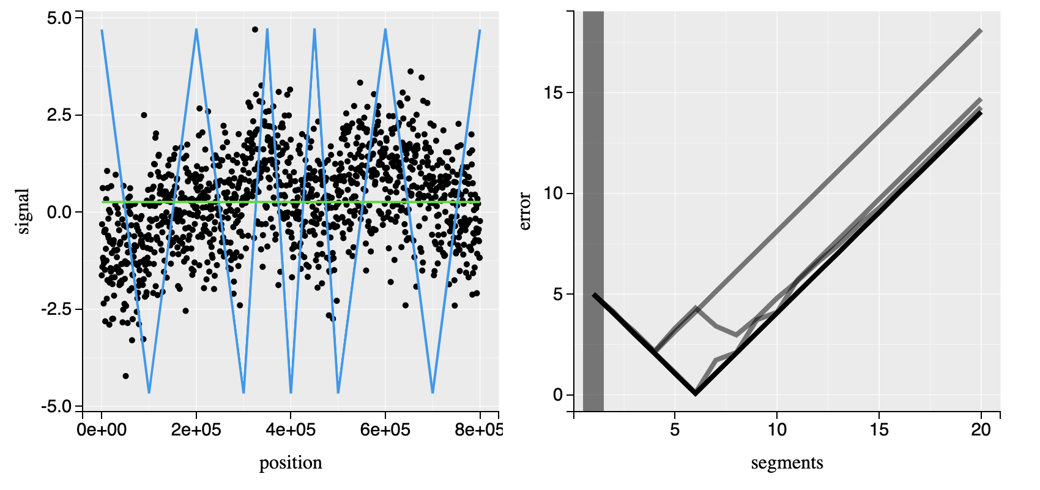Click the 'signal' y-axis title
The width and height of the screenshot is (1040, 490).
click(23, 211)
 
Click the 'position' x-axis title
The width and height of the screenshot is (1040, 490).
click(291, 462)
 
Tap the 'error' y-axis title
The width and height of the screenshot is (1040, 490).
click(525, 211)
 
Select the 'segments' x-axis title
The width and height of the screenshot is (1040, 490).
click(787, 462)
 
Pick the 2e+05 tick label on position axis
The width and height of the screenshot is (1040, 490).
click(196, 429)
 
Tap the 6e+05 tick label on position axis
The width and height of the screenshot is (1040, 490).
click(385, 429)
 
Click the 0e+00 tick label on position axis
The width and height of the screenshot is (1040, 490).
click(102, 429)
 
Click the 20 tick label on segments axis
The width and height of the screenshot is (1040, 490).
click(981, 429)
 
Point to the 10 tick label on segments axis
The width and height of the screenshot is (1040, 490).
click(777, 429)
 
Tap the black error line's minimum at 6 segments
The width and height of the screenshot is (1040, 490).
click(696, 394)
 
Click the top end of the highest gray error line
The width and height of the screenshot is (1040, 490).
click(980, 30)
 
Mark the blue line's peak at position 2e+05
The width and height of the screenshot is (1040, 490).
click(196, 29)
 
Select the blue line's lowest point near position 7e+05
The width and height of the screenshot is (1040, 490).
click(433, 392)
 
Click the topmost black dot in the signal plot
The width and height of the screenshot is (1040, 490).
click(255, 29)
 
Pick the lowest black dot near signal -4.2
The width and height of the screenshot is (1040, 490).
click(126, 375)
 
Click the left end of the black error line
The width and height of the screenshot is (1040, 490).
click(594, 295)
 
